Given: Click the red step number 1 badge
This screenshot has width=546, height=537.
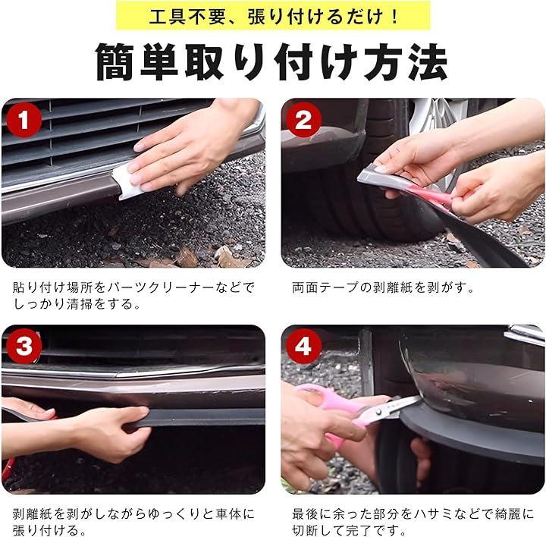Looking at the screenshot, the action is [24, 119].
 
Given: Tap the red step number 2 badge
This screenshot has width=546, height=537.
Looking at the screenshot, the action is [303, 119].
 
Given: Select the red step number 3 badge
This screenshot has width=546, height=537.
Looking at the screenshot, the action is [24, 346].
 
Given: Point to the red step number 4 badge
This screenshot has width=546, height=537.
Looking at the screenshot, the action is [303, 346].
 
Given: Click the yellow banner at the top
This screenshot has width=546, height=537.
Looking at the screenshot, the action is [273, 16].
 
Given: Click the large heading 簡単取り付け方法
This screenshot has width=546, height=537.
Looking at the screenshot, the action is [271, 62].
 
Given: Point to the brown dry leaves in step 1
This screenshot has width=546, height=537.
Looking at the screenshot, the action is [195, 258].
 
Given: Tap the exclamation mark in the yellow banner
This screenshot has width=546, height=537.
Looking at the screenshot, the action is [394, 17].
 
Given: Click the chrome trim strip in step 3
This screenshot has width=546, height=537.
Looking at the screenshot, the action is [132, 372].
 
